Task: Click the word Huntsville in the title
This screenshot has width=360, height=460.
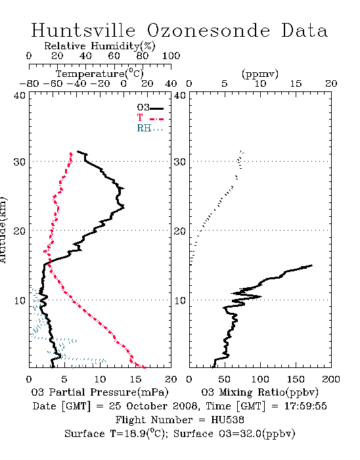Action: click(x=83, y=30)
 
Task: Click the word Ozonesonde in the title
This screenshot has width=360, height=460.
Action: click(x=208, y=30)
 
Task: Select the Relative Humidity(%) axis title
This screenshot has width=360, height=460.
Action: click(x=99, y=46)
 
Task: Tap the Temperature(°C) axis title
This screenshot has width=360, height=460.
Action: click(x=100, y=74)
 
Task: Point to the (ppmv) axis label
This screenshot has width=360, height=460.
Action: click(x=259, y=74)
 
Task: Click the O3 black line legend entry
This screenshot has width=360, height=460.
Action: click(x=150, y=108)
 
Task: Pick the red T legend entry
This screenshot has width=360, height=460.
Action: click(x=150, y=118)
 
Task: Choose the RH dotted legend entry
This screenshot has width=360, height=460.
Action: click(x=150, y=128)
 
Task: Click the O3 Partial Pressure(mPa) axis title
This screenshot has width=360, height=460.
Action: click(x=100, y=392)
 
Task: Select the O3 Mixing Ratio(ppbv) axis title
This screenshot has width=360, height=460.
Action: click(x=259, y=392)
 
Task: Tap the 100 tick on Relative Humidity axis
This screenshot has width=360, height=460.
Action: click(x=171, y=56)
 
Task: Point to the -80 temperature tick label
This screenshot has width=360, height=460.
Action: click(x=29, y=83)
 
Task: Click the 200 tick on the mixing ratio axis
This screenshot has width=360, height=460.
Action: click(x=331, y=379)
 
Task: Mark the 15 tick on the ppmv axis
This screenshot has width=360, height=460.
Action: click(x=296, y=83)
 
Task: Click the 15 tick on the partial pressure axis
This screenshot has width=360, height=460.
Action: click(x=135, y=379)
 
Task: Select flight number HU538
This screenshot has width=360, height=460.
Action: click(x=227, y=420)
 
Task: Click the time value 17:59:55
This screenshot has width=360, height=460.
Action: click(x=305, y=406)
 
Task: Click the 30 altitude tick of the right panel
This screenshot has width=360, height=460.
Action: click(x=180, y=162)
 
